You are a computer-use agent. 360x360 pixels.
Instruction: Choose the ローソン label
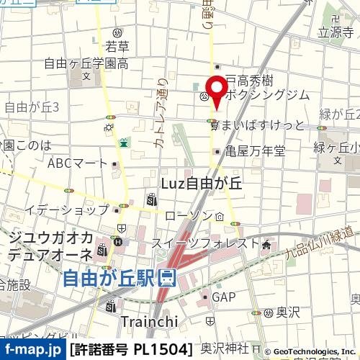(x=189, y=215)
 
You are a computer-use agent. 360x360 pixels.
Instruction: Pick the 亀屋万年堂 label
(x=254, y=151)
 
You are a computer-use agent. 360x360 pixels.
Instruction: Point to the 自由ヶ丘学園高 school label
(x=86, y=63)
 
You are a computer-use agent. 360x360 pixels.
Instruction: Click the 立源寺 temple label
(x=336, y=32)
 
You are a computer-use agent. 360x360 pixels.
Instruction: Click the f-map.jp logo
(x=32, y=350)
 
